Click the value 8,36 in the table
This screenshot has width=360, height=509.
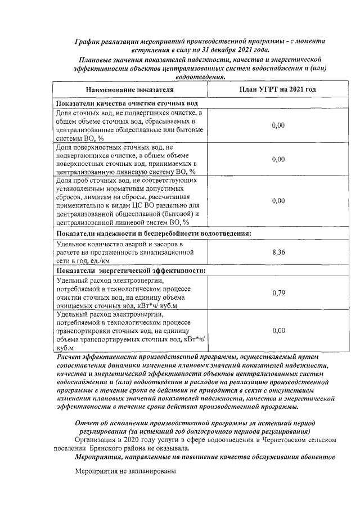(278, 253)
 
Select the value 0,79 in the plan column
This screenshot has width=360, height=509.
(278, 292)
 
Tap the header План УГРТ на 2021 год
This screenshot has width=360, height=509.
(278, 90)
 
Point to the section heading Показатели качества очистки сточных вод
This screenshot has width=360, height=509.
(127, 105)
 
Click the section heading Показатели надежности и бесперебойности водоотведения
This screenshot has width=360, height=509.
(153, 233)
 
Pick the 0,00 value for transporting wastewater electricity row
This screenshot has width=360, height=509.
(278, 332)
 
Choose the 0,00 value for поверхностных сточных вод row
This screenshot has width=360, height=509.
(278, 159)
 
